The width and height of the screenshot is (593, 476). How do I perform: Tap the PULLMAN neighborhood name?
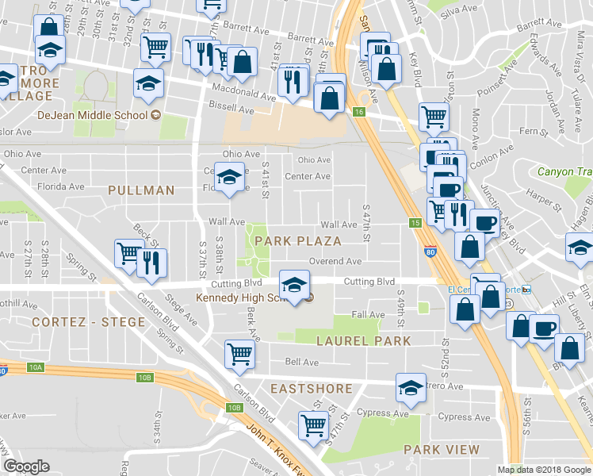[141, 190]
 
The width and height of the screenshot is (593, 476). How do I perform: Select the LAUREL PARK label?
[364, 341]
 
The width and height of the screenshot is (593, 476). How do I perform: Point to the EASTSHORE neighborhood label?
[311, 389]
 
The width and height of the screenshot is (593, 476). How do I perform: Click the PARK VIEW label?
[442, 450]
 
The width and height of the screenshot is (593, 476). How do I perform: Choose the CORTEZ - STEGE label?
[89, 322]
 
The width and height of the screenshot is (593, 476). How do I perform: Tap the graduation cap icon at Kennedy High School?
[294, 287]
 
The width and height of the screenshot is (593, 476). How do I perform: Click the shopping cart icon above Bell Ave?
[239, 355]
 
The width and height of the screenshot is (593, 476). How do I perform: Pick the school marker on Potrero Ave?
[410, 388]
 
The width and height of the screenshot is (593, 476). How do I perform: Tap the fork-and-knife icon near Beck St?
[152, 263]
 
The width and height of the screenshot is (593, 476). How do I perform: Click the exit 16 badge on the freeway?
[359, 112]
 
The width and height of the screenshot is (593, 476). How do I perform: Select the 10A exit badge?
[36, 368]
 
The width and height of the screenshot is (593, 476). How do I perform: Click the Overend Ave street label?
[335, 260]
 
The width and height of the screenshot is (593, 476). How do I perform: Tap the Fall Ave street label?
[367, 315]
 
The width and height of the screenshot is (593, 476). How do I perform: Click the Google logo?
[27, 466]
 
